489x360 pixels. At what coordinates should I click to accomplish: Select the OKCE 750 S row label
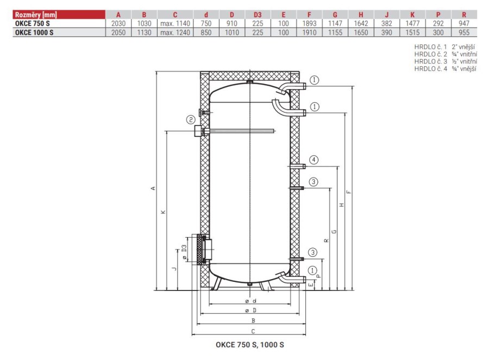pos(33,23)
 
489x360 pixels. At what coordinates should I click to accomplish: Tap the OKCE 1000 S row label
pos(34,33)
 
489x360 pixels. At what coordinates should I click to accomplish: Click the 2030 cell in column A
pos(118,23)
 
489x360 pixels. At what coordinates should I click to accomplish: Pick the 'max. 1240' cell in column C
pos(175,33)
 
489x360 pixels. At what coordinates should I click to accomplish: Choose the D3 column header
pos(258,15)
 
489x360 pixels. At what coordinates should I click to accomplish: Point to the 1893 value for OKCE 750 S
pos(309,23)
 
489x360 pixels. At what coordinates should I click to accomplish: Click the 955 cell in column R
pos(464,33)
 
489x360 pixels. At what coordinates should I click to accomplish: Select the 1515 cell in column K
pos(412,33)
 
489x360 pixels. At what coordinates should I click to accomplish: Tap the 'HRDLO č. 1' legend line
pos(444,47)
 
